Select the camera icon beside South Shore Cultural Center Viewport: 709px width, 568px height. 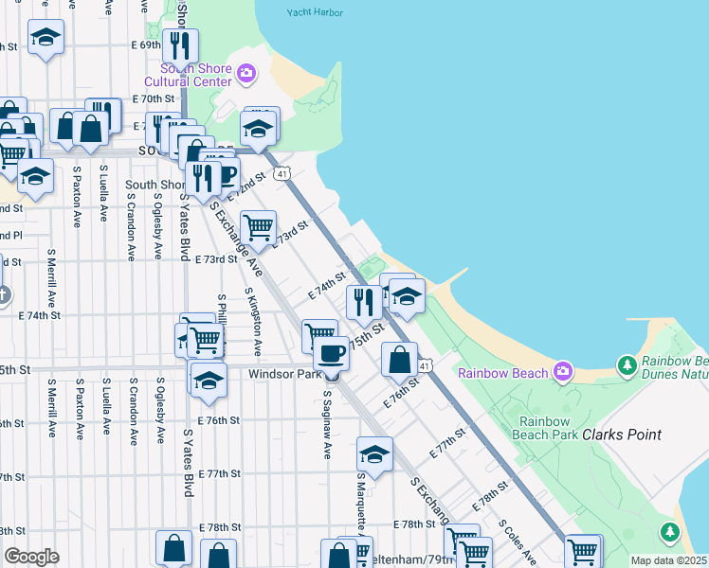(246, 73)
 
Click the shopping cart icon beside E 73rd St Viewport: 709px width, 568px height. (258, 227)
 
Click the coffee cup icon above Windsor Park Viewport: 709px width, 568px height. (330, 353)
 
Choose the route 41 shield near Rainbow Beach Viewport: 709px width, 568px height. (426, 365)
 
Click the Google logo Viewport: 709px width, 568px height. (31, 557)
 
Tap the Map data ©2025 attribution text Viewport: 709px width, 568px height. (669, 560)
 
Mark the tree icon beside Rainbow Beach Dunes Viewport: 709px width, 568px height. (626, 364)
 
